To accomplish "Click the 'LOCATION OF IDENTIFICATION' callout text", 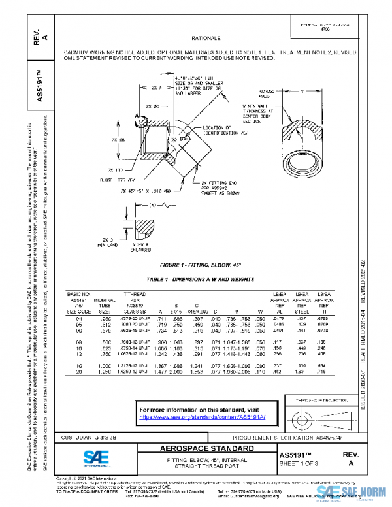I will click(223, 130).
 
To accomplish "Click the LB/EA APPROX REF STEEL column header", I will click(301, 304).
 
